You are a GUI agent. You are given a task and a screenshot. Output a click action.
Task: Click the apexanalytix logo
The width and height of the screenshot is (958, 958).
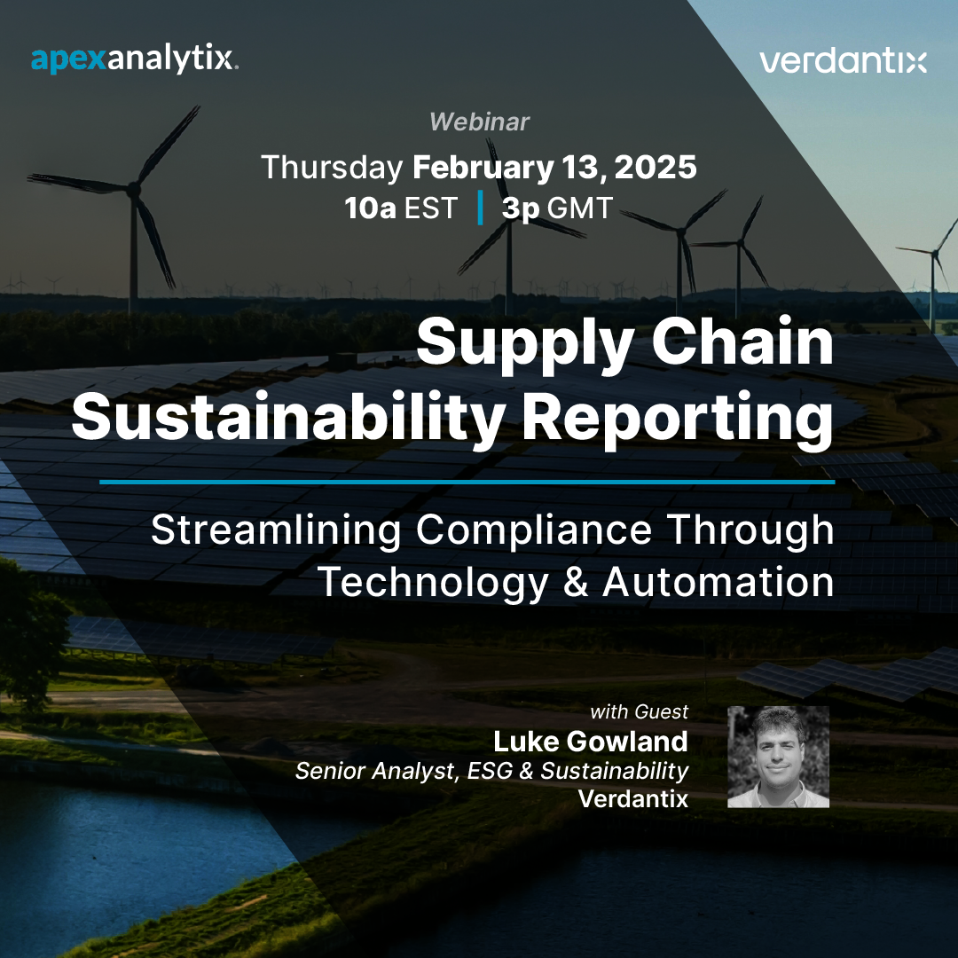(x=134, y=59)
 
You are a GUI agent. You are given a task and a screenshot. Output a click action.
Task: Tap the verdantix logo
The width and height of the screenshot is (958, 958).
(x=843, y=61)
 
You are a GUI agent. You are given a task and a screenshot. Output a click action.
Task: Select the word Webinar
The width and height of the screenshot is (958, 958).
(x=479, y=122)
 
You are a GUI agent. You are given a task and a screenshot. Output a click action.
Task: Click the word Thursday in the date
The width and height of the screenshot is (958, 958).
(x=332, y=168)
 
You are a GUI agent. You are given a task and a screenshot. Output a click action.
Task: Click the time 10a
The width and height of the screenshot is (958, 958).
(x=371, y=208)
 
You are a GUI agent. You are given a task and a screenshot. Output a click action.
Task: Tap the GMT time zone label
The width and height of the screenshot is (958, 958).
(x=580, y=208)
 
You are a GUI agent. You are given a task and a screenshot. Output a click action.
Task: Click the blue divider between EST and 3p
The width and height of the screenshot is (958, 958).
(x=480, y=208)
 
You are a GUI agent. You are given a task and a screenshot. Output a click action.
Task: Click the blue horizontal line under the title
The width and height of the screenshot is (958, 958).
(x=467, y=482)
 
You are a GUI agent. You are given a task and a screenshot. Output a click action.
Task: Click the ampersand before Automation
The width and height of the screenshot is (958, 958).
(x=575, y=582)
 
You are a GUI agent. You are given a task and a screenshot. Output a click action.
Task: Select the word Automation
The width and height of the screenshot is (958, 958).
(x=718, y=582)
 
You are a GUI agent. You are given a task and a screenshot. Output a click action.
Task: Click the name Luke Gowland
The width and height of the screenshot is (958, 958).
(x=591, y=742)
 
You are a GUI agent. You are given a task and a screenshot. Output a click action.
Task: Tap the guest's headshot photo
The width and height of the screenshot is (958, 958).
(x=778, y=757)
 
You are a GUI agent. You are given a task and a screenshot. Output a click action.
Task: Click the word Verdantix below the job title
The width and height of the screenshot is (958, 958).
(x=632, y=797)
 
